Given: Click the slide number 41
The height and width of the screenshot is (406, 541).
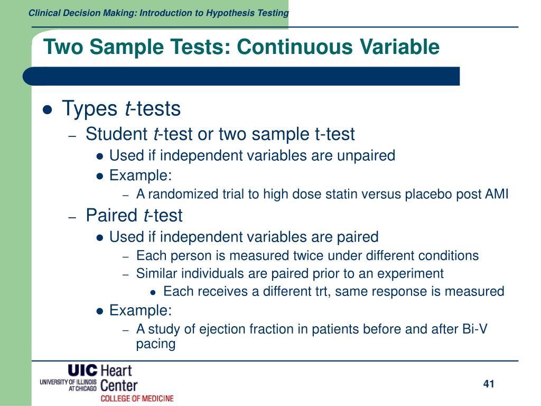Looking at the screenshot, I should [488, 384].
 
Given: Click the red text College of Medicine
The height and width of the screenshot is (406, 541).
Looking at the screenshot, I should [137, 398].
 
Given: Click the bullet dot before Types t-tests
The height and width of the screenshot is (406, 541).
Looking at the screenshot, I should [48, 110].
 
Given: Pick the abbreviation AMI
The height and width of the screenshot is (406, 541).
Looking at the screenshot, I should [497, 195].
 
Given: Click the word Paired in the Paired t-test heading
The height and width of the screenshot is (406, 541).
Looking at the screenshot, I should [111, 216].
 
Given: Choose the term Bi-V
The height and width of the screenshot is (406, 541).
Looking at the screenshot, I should [473, 329].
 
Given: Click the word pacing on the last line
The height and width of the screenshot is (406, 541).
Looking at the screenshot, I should [155, 344].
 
